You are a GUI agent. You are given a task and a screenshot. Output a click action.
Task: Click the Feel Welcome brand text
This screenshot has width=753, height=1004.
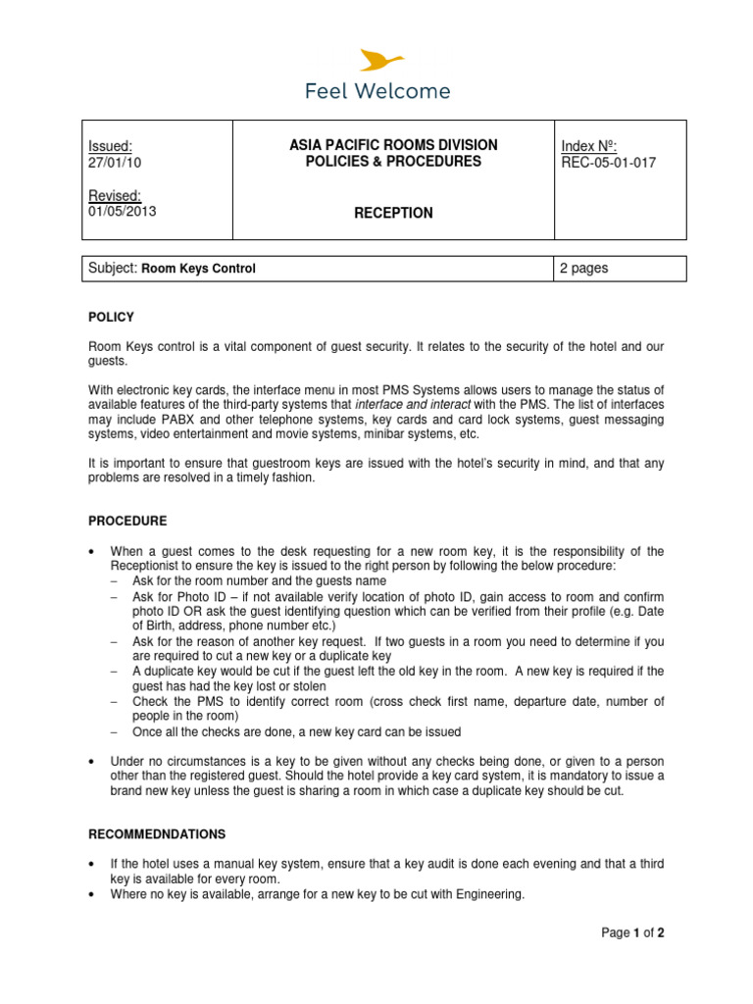pyautogui.click(x=377, y=92)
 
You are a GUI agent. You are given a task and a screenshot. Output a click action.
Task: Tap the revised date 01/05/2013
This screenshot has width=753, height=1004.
pyautogui.click(x=122, y=211)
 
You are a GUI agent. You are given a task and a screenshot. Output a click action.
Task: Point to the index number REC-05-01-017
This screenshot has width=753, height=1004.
pyautogui.click(x=608, y=163)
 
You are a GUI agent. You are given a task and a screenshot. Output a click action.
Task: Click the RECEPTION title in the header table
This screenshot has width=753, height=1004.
pyautogui.click(x=393, y=213)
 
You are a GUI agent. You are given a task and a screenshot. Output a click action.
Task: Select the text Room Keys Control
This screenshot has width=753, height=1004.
pyautogui.click(x=199, y=269)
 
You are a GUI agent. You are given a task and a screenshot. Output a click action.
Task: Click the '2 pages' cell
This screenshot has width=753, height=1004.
pyautogui.click(x=583, y=269)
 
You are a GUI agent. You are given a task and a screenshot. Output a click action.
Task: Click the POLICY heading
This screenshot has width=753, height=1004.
pyautogui.click(x=111, y=318)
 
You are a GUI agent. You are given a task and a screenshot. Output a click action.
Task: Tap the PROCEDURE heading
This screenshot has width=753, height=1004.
pyautogui.click(x=127, y=521)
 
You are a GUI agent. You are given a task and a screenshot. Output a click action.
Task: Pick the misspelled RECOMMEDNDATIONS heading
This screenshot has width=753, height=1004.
pyautogui.click(x=157, y=834)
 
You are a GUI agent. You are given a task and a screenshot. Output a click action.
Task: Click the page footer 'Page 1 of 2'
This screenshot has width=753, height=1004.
pyautogui.click(x=632, y=933)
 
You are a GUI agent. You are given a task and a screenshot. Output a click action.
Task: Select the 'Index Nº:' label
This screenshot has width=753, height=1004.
pyautogui.click(x=588, y=146)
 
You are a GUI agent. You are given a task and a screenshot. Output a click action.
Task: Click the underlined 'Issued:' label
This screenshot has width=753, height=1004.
pyautogui.click(x=110, y=146)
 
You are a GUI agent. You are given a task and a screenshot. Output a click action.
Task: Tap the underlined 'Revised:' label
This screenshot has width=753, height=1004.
pyautogui.click(x=115, y=195)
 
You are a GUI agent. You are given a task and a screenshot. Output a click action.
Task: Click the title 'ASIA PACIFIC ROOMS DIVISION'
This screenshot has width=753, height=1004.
pyautogui.click(x=393, y=145)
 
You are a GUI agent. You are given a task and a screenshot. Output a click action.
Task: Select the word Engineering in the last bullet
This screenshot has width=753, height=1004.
pyautogui.click(x=489, y=893)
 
